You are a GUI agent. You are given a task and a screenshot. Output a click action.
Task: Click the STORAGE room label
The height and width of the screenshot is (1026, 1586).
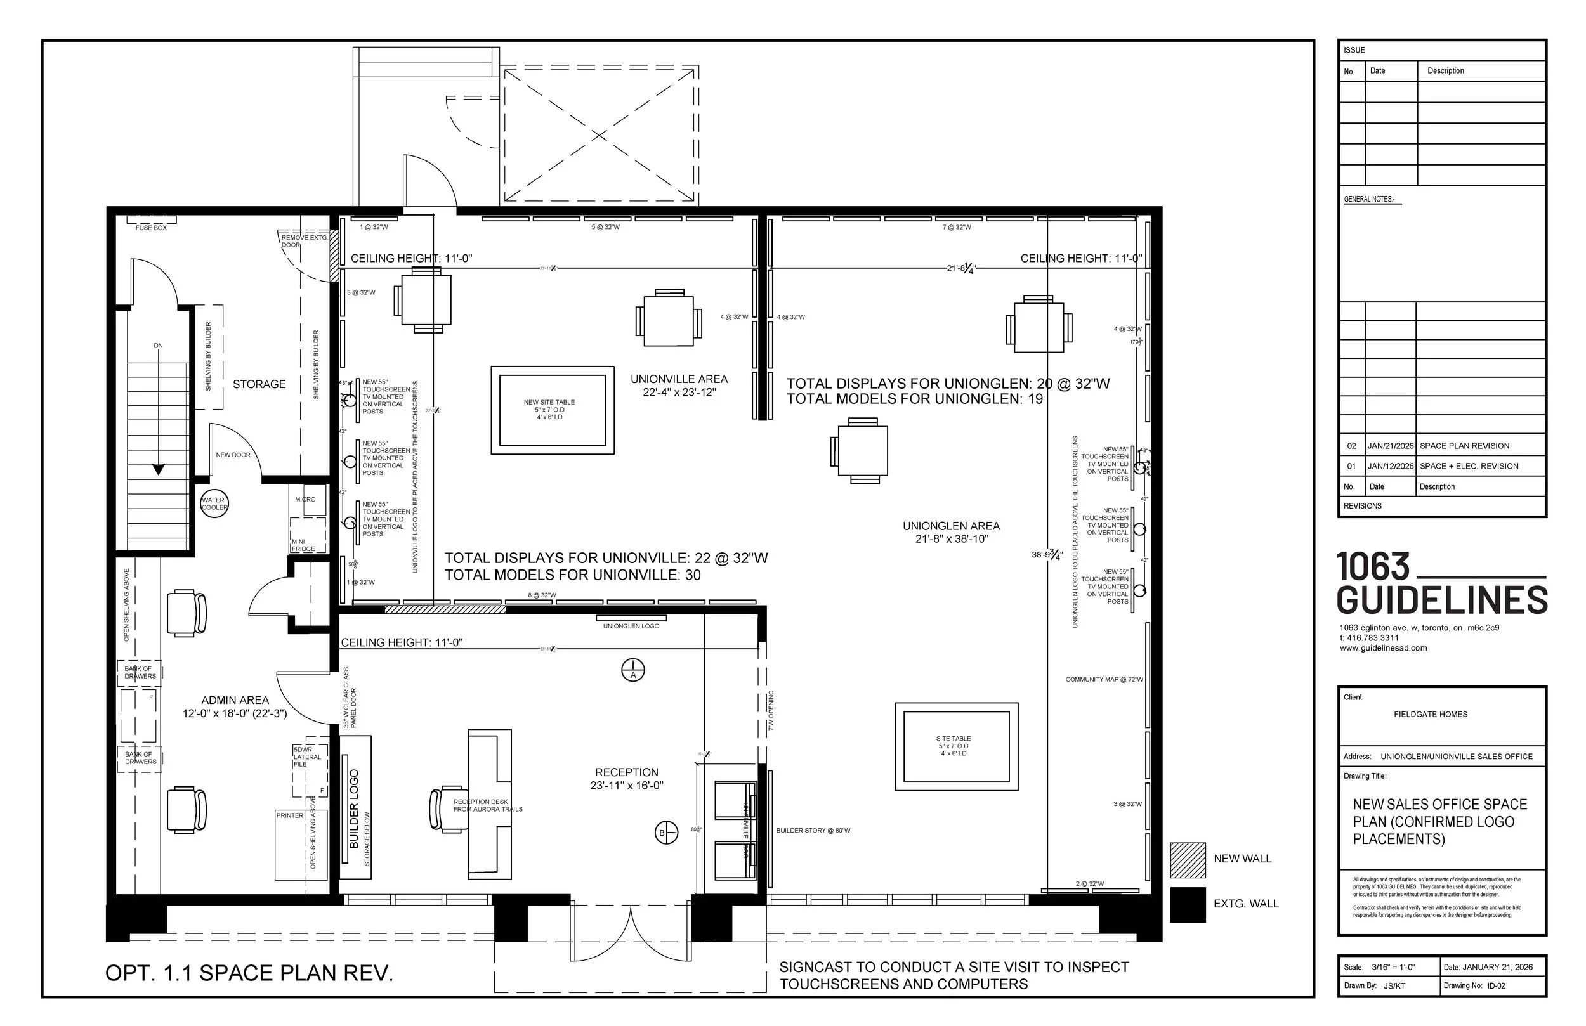[x=259, y=384]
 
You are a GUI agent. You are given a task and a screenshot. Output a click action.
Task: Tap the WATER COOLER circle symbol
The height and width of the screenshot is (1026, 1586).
[x=214, y=503]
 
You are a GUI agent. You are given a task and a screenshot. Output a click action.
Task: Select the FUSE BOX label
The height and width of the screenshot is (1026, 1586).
[x=151, y=228]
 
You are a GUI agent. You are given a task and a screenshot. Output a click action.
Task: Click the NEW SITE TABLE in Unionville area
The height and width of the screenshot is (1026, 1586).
[x=552, y=410]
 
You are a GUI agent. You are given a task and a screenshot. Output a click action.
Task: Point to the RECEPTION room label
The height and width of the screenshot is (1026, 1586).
[x=626, y=773]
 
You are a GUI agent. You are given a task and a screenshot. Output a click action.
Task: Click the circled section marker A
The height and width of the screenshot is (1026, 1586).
[x=632, y=670]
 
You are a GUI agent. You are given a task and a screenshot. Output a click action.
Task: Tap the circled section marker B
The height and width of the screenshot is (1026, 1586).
[x=665, y=833]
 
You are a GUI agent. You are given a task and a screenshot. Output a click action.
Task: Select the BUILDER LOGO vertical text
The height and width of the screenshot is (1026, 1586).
[x=354, y=808]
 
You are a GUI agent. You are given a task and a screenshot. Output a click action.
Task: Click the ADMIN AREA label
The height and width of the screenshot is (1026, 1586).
[x=235, y=700]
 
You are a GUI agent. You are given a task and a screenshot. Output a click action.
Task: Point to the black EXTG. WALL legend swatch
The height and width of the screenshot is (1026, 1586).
[x=1188, y=904]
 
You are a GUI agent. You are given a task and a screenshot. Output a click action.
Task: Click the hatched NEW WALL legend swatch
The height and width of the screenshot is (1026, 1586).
[x=1188, y=859]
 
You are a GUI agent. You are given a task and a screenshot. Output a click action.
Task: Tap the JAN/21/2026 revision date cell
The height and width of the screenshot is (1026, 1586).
[x=1390, y=446]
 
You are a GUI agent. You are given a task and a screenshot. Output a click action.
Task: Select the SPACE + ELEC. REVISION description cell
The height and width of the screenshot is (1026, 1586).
[x=1469, y=466]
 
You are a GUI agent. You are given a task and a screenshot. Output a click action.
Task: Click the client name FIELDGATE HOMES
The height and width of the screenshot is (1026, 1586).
[x=1430, y=714]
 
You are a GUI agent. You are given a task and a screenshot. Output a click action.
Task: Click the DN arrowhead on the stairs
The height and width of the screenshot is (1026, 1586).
[x=159, y=470]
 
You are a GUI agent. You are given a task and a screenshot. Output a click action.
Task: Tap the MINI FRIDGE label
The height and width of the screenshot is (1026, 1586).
[x=303, y=545]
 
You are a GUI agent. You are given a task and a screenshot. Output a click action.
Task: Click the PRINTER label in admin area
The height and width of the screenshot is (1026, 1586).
[x=289, y=815]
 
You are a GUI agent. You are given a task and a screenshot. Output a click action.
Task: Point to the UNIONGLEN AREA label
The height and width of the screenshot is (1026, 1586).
[x=951, y=526]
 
